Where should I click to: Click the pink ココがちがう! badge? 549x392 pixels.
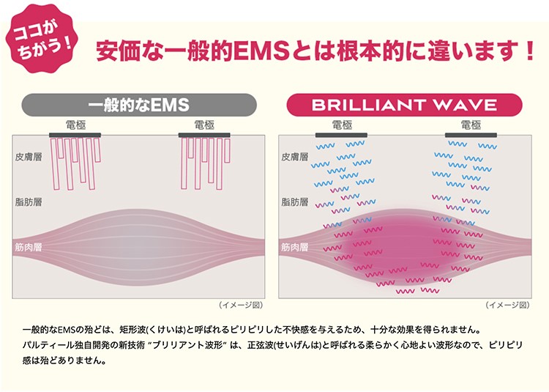point(42,39)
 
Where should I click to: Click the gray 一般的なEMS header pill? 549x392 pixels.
point(139,105)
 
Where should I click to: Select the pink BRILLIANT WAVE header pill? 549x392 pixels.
point(404,105)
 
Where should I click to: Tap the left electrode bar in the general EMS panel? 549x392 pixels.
point(75,136)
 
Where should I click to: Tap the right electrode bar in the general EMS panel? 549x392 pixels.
point(204,136)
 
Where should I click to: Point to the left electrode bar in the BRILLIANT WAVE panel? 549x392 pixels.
point(341,136)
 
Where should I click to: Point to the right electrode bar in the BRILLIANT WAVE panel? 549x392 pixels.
point(471,136)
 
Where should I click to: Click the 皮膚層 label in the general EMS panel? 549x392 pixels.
point(29,157)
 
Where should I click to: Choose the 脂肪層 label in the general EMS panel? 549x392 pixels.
point(29,202)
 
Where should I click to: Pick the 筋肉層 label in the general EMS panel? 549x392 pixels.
point(29,248)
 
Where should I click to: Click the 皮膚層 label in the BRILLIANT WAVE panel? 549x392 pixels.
point(295,157)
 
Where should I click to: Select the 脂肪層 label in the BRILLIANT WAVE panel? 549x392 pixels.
point(295,202)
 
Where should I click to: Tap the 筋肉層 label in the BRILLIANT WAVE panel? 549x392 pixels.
point(295,248)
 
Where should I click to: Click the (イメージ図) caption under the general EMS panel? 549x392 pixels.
point(241,305)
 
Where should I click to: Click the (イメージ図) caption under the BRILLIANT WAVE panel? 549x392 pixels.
point(507,305)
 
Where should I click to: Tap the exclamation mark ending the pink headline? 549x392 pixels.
point(531,51)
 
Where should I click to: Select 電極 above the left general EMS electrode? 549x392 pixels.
point(75,125)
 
